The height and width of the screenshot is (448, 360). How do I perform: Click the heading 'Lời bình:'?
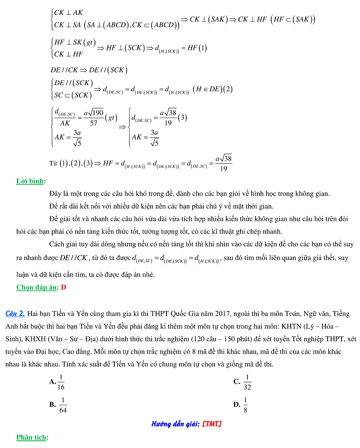point(31,181)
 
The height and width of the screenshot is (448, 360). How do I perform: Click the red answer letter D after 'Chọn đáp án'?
point(63,287)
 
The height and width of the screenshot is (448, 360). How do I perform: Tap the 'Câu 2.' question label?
point(15,314)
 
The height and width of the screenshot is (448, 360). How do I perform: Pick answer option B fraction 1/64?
point(63,404)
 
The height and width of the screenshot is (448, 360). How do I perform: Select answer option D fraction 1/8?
point(245,404)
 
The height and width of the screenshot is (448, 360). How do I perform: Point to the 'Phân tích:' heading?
point(32,437)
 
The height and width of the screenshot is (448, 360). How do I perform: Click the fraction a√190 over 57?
point(93,117)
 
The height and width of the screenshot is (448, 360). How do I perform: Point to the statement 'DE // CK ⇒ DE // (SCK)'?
point(89,70)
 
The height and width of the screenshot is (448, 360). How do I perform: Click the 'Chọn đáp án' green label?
point(37,287)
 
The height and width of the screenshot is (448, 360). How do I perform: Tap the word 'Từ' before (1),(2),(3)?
point(53,163)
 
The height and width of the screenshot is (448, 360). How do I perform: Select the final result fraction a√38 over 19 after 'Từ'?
point(223,163)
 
